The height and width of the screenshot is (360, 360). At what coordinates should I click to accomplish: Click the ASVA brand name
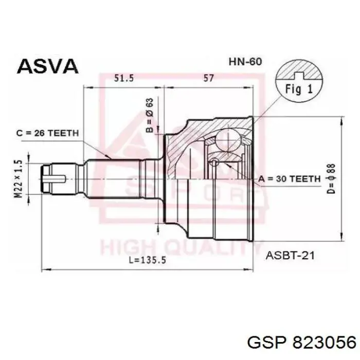pyautogui.click(x=47, y=66)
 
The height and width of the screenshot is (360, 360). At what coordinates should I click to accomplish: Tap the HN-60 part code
pyautogui.click(x=245, y=62)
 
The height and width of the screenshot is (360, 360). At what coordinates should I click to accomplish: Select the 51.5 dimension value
pyautogui.click(x=124, y=78)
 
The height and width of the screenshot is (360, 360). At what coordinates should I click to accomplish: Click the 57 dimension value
pyautogui.click(x=208, y=78)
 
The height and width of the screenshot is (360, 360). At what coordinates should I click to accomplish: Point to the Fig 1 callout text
pyautogui.click(x=299, y=88)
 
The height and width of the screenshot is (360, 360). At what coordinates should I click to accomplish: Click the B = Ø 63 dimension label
pyautogui.click(x=150, y=115)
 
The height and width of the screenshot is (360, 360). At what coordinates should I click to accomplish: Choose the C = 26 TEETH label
pyautogui.click(x=47, y=133)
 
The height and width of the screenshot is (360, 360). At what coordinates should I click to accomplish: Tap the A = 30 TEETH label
pyautogui.click(x=290, y=178)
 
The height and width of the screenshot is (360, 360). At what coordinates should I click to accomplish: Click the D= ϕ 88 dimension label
pyautogui.click(x=331, y=178)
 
